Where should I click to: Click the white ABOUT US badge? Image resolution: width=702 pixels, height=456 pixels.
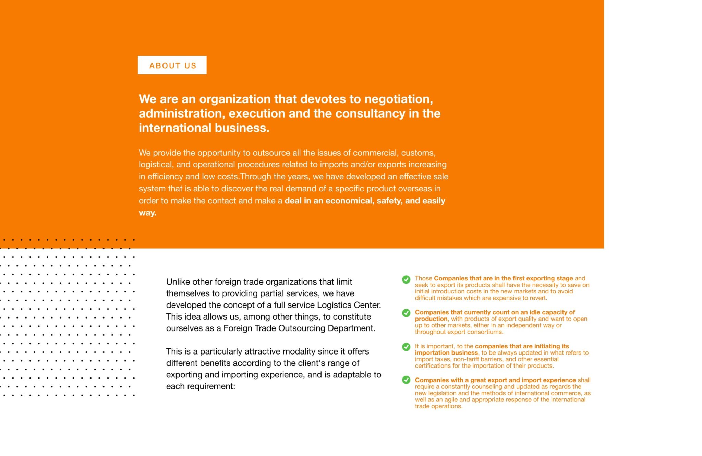point(172,65)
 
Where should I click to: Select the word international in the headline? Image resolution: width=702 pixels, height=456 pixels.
point(175,128)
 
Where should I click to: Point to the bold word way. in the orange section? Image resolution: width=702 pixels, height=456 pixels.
point(147,213)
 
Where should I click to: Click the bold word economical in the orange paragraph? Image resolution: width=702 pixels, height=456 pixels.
point(349,201)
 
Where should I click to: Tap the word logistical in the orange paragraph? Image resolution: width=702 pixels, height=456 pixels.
point(156,165)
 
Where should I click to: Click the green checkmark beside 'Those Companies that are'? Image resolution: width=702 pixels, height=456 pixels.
point(406,279)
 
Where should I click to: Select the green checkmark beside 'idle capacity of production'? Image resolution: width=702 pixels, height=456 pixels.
point(406,313)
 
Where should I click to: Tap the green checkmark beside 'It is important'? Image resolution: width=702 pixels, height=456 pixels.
point(406,347)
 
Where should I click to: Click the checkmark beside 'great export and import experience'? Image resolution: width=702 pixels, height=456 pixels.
point(406,380)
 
